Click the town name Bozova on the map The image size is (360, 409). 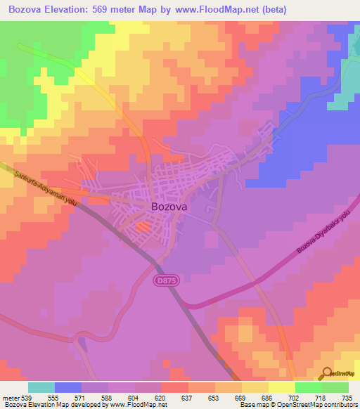[169, 207]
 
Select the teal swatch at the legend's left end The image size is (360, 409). [41, 387]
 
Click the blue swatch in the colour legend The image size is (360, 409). [68, 387]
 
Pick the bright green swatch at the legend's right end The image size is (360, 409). [335, 387]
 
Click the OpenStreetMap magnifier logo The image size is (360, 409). [326, 372]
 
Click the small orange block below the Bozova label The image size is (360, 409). [143, 227]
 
